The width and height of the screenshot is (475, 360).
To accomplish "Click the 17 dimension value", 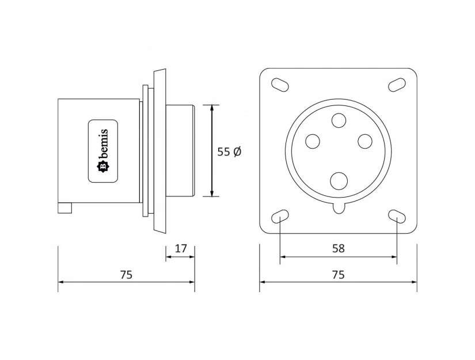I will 181,249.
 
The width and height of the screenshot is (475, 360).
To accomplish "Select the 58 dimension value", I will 339,249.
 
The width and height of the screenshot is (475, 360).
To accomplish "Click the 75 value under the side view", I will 126,275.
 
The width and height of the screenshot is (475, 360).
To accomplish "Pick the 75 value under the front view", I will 339,275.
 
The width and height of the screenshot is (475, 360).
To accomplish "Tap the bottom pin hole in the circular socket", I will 339,181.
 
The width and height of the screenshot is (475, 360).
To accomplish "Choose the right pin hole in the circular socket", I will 365,141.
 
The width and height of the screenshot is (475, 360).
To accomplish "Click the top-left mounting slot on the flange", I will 280,84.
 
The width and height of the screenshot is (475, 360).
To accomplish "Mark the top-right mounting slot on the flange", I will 397,84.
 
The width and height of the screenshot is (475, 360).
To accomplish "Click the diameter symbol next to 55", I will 238,152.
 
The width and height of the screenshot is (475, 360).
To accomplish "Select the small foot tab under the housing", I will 64,209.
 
